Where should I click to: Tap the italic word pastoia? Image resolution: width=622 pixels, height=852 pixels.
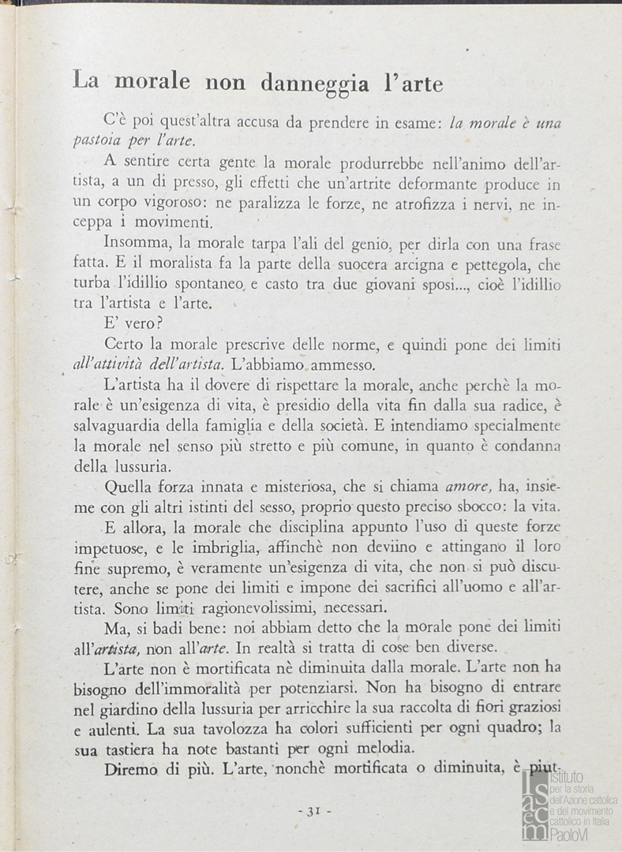(101, 141)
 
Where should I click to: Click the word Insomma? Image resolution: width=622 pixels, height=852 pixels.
(133, 244)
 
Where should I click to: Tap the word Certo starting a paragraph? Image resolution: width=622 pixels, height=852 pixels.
(126, 345)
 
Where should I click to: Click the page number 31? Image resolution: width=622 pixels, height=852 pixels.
(313, 811)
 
